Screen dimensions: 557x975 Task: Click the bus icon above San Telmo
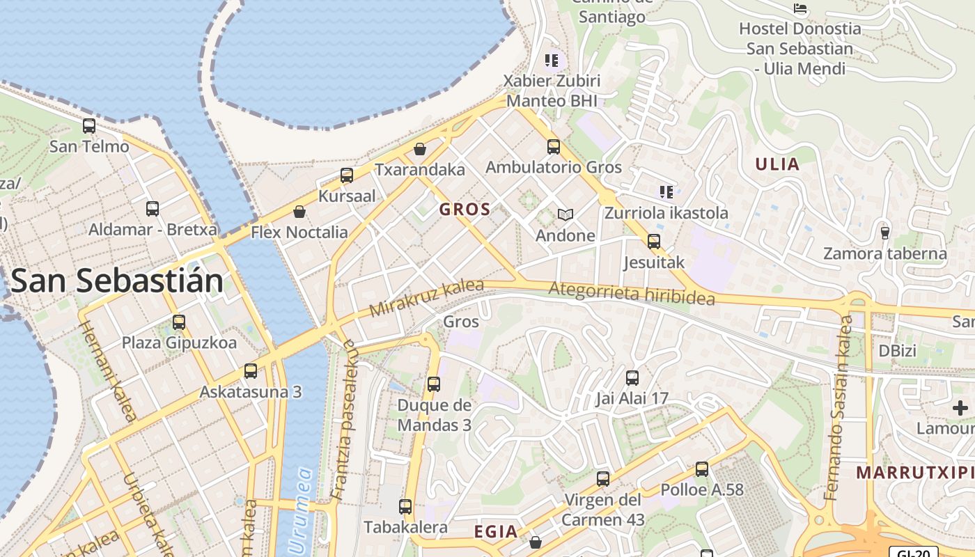pyautogui.click(x=89, y=126)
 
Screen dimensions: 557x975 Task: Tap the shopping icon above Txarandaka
pyautogui.click(x=420, y=149)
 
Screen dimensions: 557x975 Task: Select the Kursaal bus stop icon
pyautogui.click(x=347, y=175)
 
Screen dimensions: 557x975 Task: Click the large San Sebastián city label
pyautogui.click(x=117, y=281)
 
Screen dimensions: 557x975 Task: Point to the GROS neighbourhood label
pyautogui.click(x=465, y=209)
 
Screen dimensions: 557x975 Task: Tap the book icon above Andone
pyautogui.click(x=565, y=214)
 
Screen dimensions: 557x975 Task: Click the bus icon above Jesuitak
pyautogui.click(x=654, y=242)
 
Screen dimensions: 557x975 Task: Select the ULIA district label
pyautogui.click(x=777, y=164)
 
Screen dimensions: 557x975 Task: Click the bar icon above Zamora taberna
pyautogui.click(x=885, y=232)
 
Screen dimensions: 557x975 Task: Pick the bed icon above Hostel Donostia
pyautogui.click(x=800, y=8)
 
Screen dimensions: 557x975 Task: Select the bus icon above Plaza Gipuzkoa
pyautogui.click(x=179, y=322)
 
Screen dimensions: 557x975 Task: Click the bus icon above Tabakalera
pyautogui.click(x=405, y=507)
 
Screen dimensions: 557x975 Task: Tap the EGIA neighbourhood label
pyautogui.click(x=496, y=532)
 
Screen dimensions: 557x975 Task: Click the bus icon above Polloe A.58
pyautogui.click(x=702, y=469)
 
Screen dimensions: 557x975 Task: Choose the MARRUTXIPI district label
pyautogui.click(x=914, y=473)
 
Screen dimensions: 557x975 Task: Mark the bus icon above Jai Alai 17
pyautogui.click(x=632, y=378)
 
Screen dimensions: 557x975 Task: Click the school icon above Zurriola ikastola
pyautogui.click(x=666, y=191)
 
